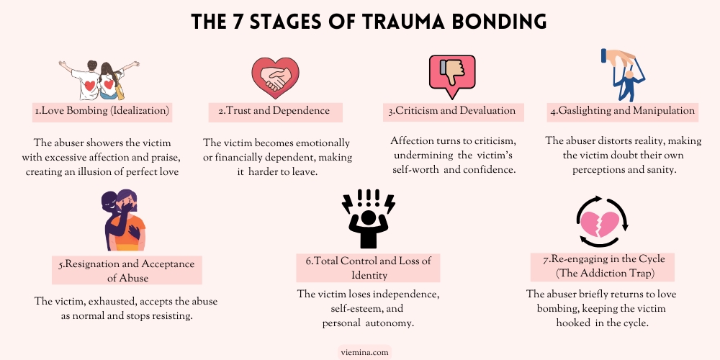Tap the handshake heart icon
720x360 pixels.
click(x=275, y=78)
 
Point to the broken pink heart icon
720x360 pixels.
click(x=602, y=222)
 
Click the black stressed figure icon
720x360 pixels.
click(x=368, y=219)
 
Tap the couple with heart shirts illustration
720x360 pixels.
click(x=99, y=80)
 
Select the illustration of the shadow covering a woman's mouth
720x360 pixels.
click(x=123, y=220)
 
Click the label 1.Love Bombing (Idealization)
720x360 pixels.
click(x=102, y=111)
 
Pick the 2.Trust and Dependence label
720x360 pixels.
click(x=274, y=111)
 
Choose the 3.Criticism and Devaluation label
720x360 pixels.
click(x=452, y=111)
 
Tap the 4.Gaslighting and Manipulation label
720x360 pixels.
click(x=623, y=111)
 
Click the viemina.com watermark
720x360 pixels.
click(x=364, y=353)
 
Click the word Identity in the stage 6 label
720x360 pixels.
click(x=369, y=276)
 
